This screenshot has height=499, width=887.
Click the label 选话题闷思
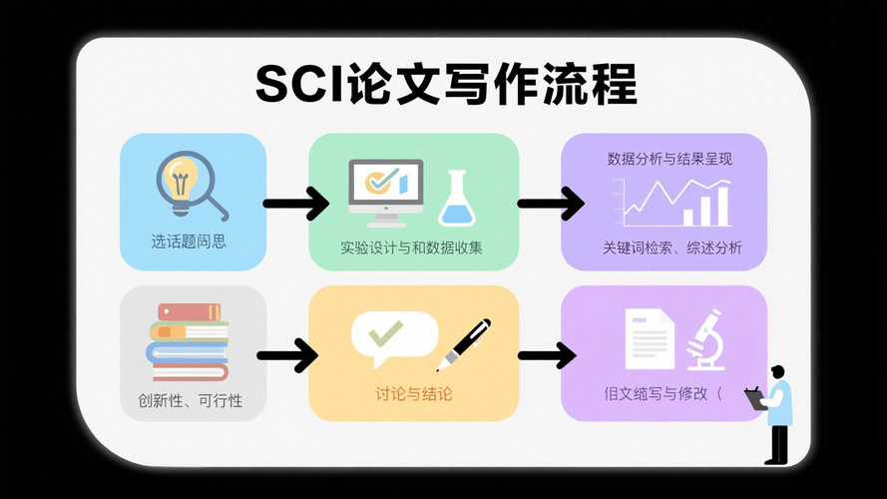[190, 242]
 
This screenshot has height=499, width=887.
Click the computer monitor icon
[384, 187]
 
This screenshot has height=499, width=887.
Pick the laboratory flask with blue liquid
[458, 199]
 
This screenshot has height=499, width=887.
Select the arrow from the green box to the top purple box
[550, 205]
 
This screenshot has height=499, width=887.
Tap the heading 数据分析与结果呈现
[663, 159]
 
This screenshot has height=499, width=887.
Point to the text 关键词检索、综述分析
[671, 249]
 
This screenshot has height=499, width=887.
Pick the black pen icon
[464, 343]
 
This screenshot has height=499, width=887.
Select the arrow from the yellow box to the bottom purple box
[547, 355]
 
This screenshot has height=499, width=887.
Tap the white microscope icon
[705, 339]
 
